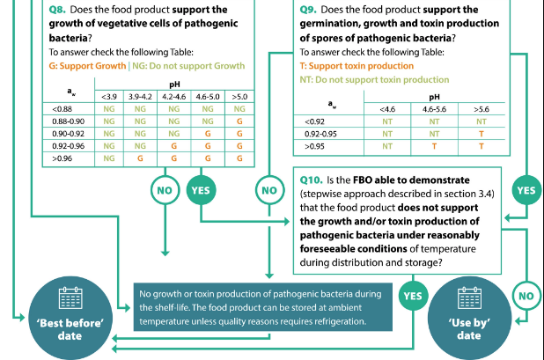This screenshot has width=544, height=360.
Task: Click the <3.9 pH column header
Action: pyautogui.click(x=110, y=96)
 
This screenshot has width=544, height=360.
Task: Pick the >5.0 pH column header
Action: pyautogui.click(x=239, y=96)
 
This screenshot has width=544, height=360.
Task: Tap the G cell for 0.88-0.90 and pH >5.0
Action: pyautogui.click(x=239, y=121)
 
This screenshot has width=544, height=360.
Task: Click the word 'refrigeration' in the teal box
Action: pyautogui.click(x=335, y=322)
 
